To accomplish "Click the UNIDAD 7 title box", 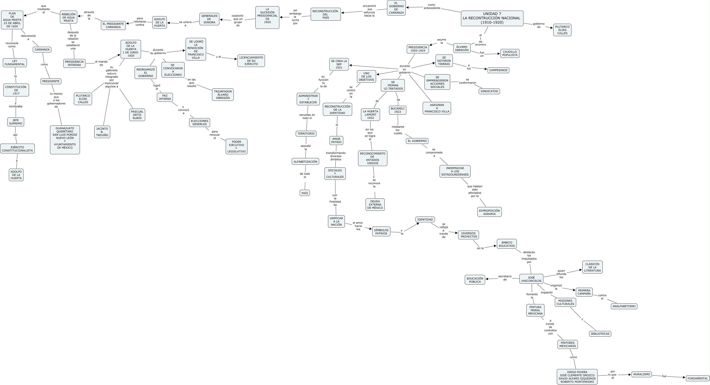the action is click(492, 18).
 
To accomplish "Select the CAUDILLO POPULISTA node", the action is click(510, 54).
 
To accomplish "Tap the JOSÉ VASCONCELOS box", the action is click(531, 279).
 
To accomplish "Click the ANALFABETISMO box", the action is click(624, 306).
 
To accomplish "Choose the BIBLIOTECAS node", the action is click(600, 334).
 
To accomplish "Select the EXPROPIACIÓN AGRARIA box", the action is click(489, 212).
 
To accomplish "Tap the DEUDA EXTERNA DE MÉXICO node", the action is click(375, 205).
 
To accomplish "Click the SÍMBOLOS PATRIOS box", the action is click(381, 232).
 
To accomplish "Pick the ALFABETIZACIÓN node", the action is click(305, 161).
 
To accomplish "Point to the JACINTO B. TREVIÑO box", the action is click(102, 132).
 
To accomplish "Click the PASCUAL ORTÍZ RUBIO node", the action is click(137, 115).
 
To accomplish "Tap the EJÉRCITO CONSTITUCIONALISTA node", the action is click(17, 149).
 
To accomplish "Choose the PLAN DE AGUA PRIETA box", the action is click(12, 20).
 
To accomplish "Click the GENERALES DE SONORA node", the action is click(209, 19).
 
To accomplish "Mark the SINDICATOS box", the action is click(489, 91).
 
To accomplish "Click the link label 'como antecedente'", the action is click(432, 6).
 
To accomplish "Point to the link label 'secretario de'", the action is click(505, 278).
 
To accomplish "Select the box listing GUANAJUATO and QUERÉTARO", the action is click(65, 140).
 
